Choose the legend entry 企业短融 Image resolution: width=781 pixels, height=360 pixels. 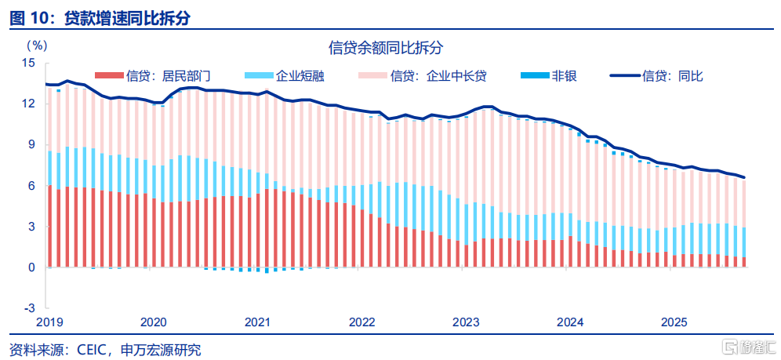(300, 76)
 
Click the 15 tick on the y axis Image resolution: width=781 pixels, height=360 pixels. (29, 63)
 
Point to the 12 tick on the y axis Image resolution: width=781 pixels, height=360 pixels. (29, 104)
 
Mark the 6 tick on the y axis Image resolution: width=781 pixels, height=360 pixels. (31, 186)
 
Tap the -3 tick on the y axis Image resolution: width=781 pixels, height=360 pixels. (30, 308)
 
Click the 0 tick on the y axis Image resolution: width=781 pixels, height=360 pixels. (31, 267)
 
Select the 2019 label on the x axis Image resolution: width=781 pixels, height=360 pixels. (49, 322)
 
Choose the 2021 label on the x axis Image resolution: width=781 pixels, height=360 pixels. (257, 322)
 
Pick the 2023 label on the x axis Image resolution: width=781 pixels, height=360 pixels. (466, 322)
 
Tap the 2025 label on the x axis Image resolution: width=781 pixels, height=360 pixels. (674, 322)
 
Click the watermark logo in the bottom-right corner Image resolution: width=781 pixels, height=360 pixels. (748, 346)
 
